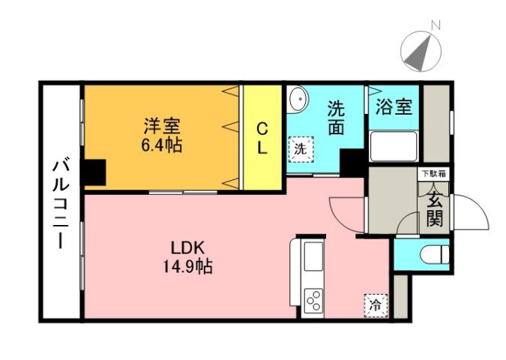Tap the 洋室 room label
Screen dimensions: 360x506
pos(162,124)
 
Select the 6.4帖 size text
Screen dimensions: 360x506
pos(162,143)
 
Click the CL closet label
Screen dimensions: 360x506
pos(262,138)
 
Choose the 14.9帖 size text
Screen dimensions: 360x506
pos(186,266)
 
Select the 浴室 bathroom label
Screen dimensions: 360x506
pos(394,106)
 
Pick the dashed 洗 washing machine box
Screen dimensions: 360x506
pos(300,149)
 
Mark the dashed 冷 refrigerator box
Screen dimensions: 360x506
pos(375,304)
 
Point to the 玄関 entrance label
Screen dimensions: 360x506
pos(434,209)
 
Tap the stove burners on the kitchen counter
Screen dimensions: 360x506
pos(313,301)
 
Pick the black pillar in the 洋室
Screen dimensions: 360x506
pos(93,172)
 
